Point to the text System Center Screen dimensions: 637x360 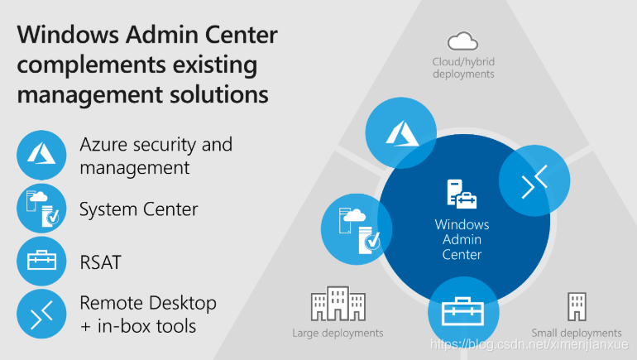(x=138, y=209)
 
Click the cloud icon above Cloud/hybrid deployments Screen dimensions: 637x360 (x=462, y=41)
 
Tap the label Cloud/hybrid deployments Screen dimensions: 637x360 (x=463, y=68)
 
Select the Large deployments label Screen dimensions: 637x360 (x=338, y=333)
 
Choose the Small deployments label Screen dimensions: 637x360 (x=577, y=333)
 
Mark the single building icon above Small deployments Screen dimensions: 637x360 (x=577, y=305)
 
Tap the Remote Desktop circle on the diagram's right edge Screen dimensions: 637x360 (x=534, y=182)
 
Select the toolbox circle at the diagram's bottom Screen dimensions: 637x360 (x=463, y=312)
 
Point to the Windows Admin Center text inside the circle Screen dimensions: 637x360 (x=462, y=239)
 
